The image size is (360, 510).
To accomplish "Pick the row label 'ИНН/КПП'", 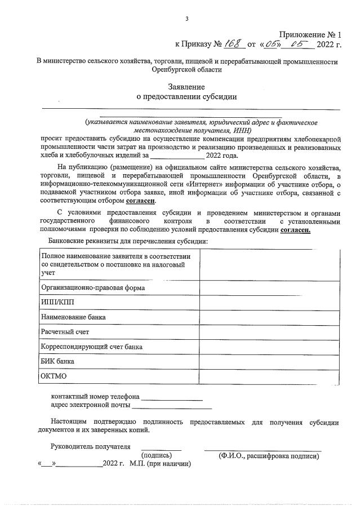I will coord(57,302).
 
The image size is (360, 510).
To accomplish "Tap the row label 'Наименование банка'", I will coord(73,317).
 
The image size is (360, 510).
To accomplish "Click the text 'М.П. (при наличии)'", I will coord(160,465).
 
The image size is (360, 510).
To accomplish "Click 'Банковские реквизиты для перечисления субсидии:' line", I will coord(125,241).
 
